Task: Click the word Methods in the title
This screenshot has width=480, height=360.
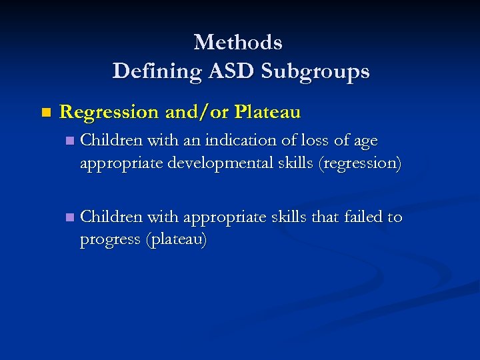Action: point(238,43)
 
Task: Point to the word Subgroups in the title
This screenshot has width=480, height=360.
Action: point(316,71)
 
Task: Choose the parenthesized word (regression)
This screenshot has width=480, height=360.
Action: point(360,163)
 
